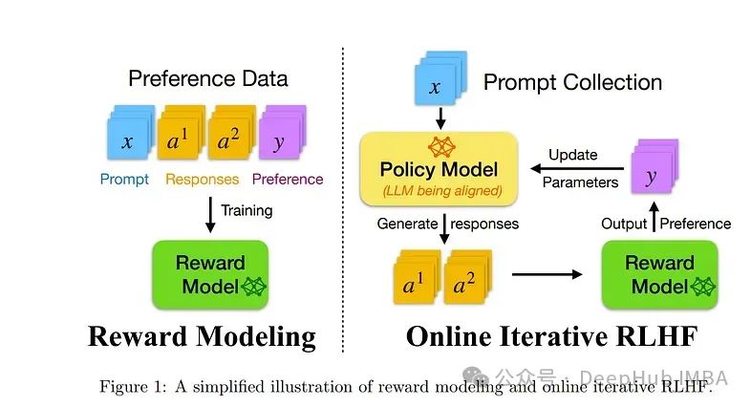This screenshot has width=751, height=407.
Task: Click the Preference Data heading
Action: (207, 79)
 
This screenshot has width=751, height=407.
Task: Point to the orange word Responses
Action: (202, 179)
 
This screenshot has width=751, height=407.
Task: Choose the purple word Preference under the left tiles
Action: (287, 179)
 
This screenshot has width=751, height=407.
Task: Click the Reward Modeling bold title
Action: (202, 336)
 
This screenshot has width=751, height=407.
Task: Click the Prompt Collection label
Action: (572, 82)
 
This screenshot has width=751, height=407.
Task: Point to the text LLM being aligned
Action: (439, 191)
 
